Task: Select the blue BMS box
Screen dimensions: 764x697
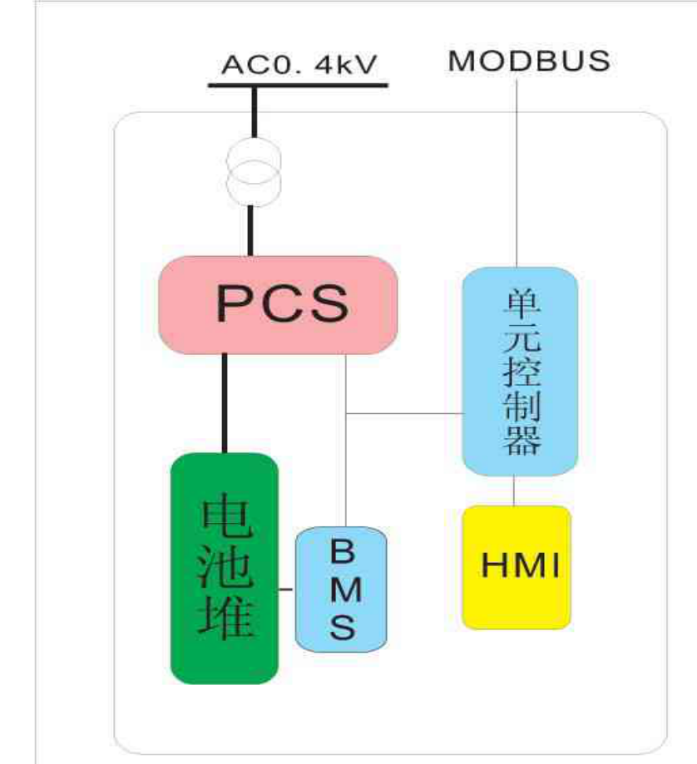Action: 341,589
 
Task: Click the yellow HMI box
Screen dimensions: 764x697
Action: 517,566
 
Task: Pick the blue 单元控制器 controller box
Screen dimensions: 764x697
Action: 520,371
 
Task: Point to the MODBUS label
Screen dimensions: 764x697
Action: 529,61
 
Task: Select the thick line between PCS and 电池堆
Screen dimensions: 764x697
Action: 224,403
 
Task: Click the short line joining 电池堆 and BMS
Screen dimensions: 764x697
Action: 287,589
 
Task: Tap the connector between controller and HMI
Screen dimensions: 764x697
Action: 517,490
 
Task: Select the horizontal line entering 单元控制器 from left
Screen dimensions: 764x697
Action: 404,413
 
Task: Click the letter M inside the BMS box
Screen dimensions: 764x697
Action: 342,589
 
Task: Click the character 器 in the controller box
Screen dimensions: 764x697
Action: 520,441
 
